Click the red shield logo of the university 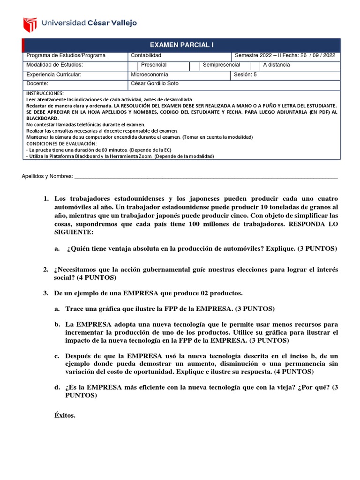30,23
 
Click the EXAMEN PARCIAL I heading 181,45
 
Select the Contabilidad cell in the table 146,55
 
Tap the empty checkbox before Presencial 133,65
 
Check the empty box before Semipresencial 194,65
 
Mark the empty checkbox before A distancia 255,65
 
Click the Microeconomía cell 149,75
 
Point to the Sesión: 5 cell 246,75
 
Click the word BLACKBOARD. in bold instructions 42,119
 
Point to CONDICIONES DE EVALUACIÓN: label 61,143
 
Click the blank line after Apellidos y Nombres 206,176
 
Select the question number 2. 45,270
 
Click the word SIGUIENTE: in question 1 74,232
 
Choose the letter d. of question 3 57,387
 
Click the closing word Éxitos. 65,415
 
